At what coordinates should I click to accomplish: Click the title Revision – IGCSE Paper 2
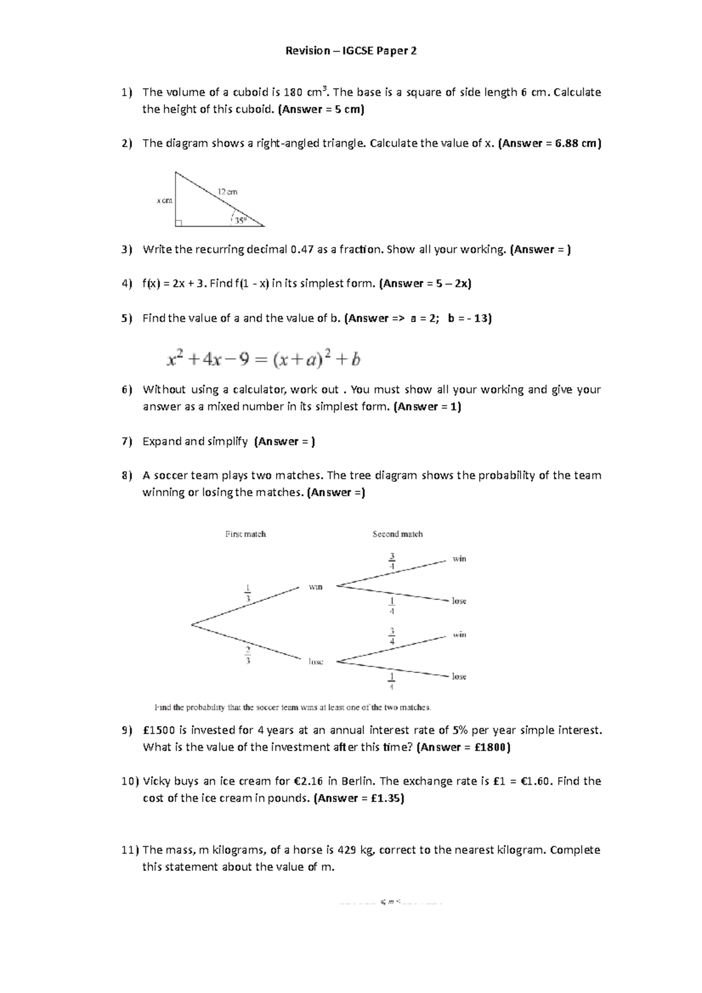tap(351, 51)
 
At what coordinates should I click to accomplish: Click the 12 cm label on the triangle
tap(228, 192)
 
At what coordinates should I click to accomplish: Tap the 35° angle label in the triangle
tap(240, 221)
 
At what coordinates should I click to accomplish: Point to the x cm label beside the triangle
tap(164, 201)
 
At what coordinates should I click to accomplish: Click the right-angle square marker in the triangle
tap(178, 223)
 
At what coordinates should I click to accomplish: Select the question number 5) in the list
tap(127, 319)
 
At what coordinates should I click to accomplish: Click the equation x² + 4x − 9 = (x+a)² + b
tap(264, 358)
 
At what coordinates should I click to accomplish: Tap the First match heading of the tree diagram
tap(246, 534)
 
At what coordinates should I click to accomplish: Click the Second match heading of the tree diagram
tap(397, 534)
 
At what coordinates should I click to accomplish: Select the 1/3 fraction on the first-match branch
tap(248, 593)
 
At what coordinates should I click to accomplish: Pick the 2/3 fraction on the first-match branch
tap(248, 655)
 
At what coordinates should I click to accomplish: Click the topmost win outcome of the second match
tap(459, 559)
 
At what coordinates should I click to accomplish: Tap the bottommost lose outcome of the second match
tap(459, 677)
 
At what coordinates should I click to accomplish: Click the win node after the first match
tap(315, 587)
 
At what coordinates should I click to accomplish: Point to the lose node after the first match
tap(316, 662)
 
